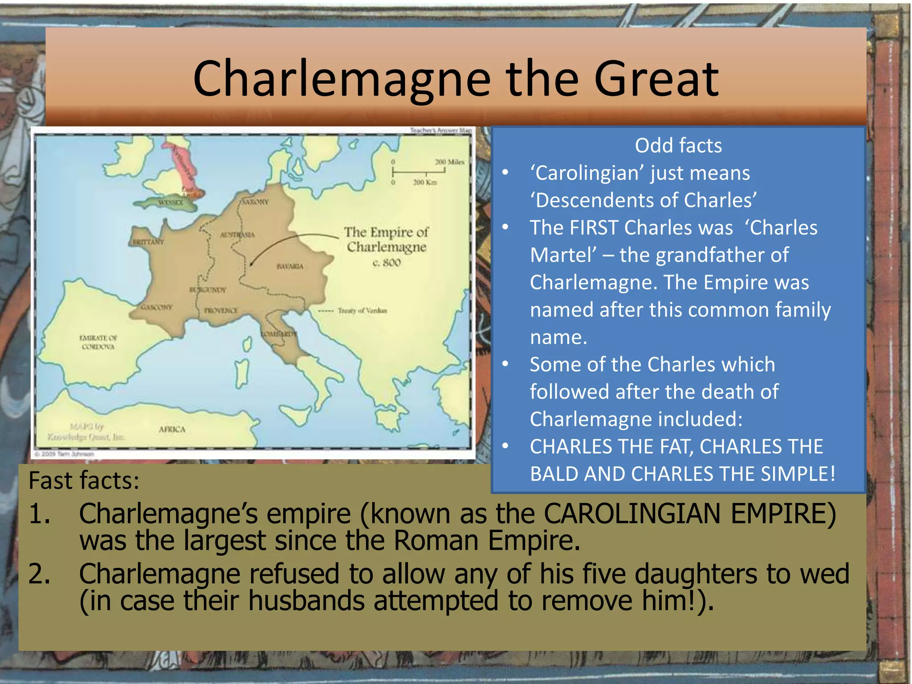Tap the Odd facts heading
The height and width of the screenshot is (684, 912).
pos(678,146)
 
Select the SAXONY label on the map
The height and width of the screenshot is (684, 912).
pos(255,202)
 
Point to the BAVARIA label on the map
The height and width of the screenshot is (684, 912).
pos(290,266)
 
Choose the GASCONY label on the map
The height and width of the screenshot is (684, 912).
pos(156,307)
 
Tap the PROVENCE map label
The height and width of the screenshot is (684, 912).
pos(221,310)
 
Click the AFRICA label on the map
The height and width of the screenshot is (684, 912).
pos(172,429)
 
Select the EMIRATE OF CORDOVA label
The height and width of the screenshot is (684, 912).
pos(98,342)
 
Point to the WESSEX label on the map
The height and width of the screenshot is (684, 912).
pos(171,203)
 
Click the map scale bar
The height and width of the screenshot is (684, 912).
pos(419,171)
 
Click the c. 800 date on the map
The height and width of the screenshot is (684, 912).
pos(387,263)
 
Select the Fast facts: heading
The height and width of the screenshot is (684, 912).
pos(84,480)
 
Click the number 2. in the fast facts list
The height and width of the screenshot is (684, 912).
pos(39,574)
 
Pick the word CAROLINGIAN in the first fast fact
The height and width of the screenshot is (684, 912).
pos(632,513)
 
